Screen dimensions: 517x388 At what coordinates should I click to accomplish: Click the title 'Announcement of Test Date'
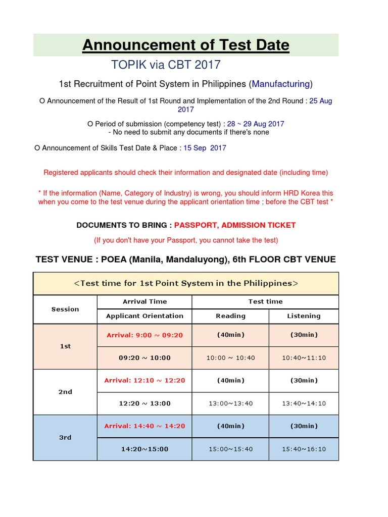[x=186, y=45]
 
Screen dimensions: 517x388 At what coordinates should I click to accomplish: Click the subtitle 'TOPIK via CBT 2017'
[x=166, y=65]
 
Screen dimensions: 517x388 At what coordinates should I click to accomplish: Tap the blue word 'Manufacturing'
[x=281, y=83]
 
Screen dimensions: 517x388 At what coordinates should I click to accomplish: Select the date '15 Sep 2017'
[x=205, y=148]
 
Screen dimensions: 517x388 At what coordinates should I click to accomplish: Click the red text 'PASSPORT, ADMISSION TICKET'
[x=235, y=225]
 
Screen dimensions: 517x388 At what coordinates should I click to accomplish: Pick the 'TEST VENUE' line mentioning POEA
[x=185, y=260]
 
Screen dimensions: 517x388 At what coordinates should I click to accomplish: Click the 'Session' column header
[x=65, y=309]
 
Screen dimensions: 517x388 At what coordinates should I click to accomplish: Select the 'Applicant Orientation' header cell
[x=144, y=316]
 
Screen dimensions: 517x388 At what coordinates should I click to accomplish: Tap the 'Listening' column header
[x=304, y=316]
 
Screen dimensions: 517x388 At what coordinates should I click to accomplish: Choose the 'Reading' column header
[x=230, y=316]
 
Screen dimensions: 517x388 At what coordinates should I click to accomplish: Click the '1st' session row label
[x=65, y=346]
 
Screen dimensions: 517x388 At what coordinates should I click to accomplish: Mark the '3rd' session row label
[x=65, y=438]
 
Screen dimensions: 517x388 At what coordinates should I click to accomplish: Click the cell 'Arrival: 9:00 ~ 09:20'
[x=144, y=335]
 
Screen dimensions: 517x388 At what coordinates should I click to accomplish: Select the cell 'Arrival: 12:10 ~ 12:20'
[x=144, y=380]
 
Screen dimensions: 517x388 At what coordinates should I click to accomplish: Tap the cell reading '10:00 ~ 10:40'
[x=230, y=358]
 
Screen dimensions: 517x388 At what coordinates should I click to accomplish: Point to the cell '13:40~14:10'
[x=304, y=403]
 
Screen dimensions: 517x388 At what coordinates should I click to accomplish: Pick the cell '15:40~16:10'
[x=304, y=449]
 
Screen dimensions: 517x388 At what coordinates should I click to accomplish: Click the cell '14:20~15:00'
[x=144, y=449]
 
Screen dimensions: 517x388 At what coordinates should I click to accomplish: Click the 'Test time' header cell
[x=265, y=301]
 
